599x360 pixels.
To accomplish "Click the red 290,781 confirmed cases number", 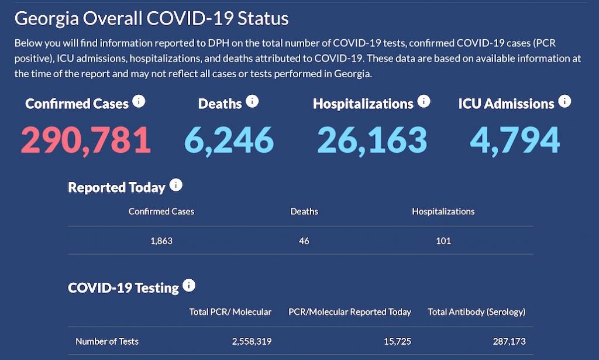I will [x=86, y=140].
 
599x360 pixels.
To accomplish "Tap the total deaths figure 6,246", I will [x=229, y=140].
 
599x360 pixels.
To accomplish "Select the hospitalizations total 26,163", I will [x=372, y=140].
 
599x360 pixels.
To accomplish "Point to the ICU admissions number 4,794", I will [x=515, y=140].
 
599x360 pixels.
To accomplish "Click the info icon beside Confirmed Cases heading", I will [x=139, y=102].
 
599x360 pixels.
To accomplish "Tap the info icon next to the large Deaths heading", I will [x=252, y=102].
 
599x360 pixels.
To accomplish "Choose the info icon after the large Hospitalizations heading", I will [x=424, y=102].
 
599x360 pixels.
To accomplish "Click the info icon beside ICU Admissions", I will [x=564, y=102].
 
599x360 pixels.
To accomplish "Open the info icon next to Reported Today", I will [x=175, y=186].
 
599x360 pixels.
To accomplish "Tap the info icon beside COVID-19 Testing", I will [x=189, y=286].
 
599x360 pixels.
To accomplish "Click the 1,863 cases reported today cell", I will [x=161, y=241].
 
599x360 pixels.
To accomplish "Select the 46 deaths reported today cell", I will [x=304, y=241].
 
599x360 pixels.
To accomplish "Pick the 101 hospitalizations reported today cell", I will [x=443, y=241].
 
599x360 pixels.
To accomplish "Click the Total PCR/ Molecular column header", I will [x=230, y=312].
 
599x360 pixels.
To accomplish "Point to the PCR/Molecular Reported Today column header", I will [x=350, y=312].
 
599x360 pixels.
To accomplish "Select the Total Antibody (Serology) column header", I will [x=477, y=312].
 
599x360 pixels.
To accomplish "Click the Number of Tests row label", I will [x=107, y=341].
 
